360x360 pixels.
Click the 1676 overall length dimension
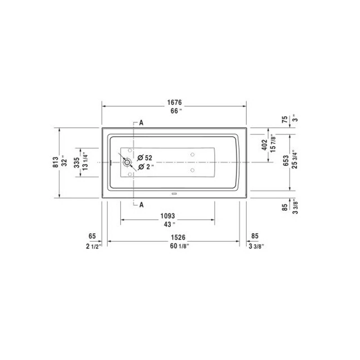coord(174,102)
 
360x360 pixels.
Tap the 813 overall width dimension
coord(56,162)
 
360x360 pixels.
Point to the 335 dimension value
coord(76,163)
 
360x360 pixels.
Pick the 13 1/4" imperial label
coord(85,163)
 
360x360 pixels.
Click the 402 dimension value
coord(264,145)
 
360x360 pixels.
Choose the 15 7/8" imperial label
coord(273,143)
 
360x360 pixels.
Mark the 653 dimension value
coord(286,161)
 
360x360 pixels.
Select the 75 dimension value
coord(285,119)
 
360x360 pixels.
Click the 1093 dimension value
coord(168,216)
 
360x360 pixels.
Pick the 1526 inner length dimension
coord(178,237)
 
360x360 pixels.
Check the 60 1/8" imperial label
coord(179,246)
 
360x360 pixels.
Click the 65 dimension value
coord(92,236)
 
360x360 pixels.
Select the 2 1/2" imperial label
coord(94,247)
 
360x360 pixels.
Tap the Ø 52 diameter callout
coord(145,158)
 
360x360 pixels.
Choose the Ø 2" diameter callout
coord(146,167)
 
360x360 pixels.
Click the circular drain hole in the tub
coord(127,162)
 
